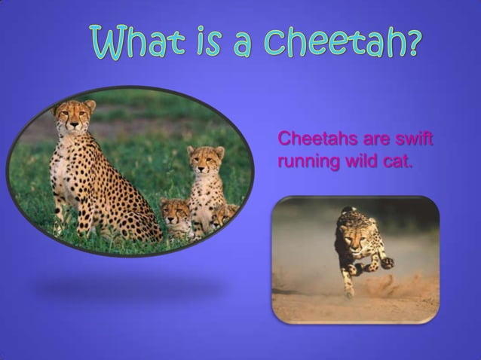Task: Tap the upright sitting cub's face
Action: click(205, 160)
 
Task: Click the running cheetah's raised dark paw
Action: click(387, 263)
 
